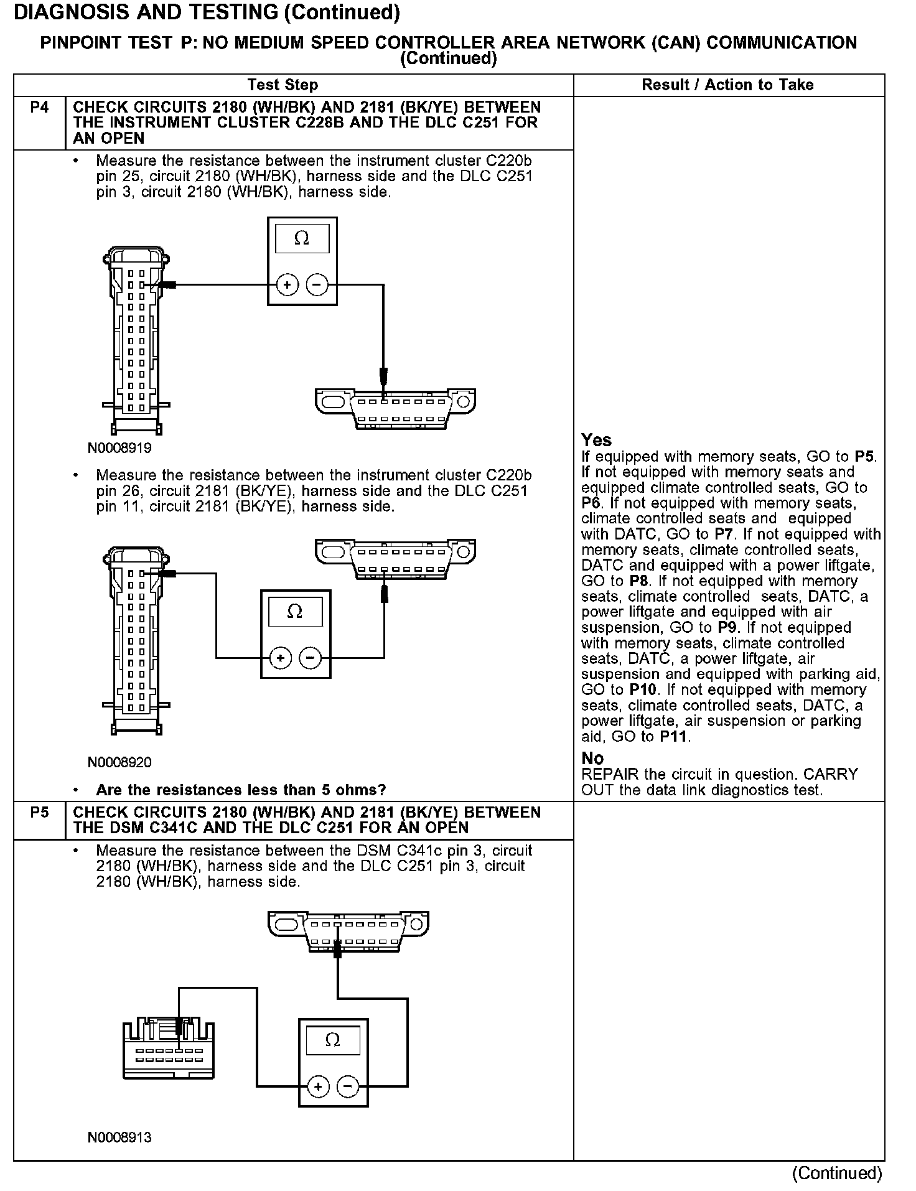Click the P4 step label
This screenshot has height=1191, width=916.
39,108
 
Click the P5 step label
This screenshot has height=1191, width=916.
39,813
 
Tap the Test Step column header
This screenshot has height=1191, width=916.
283,85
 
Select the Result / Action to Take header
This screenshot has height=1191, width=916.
727,85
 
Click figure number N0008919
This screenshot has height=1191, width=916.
119,448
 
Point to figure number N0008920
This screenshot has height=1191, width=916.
119,762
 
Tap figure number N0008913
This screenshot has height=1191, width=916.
119,1137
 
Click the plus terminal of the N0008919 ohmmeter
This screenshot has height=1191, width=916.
287,286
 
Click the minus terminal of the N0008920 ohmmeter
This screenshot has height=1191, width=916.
310,658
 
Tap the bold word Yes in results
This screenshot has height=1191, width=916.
597,441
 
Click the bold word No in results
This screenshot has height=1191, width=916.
592,759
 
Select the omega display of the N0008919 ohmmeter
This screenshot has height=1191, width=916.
302,239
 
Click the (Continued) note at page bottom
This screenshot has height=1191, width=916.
836,1173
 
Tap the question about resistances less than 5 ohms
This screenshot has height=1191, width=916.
241,790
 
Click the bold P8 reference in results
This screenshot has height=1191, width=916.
638,582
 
